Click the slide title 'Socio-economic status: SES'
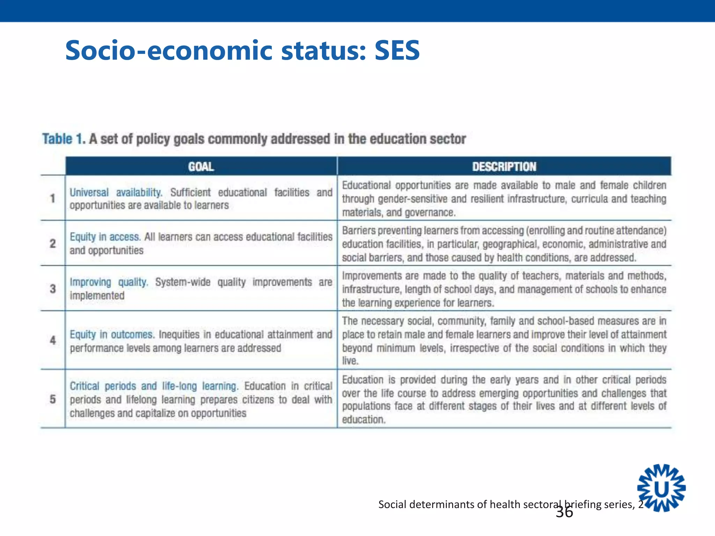coord(242,51)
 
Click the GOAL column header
coord(201,166)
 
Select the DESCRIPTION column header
coord(504,166)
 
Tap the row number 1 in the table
coord(53,199)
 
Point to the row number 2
coord(53,243)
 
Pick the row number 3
coord(53,289)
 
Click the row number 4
coord(53,340)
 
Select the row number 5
coord(53,399)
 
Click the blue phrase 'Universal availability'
coord(116,192)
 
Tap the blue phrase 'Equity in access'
coord(105,237)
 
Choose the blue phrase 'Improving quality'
coord(109,282)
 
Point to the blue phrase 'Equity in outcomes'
coord(111,334)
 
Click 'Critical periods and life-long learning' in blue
coord(153,386)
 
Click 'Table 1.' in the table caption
coord(63,139)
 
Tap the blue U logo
coord(661,488)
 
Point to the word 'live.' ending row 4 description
coord(350,361)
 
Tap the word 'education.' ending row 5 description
coord(363,419)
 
